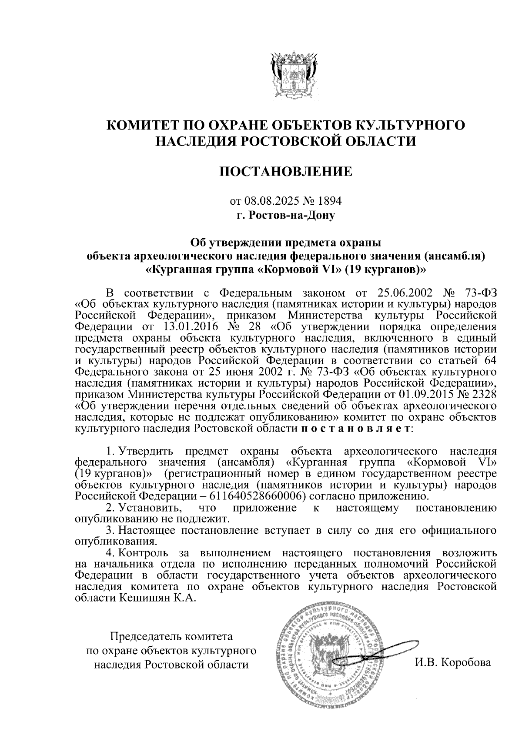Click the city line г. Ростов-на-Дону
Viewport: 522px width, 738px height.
click(286, 215)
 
